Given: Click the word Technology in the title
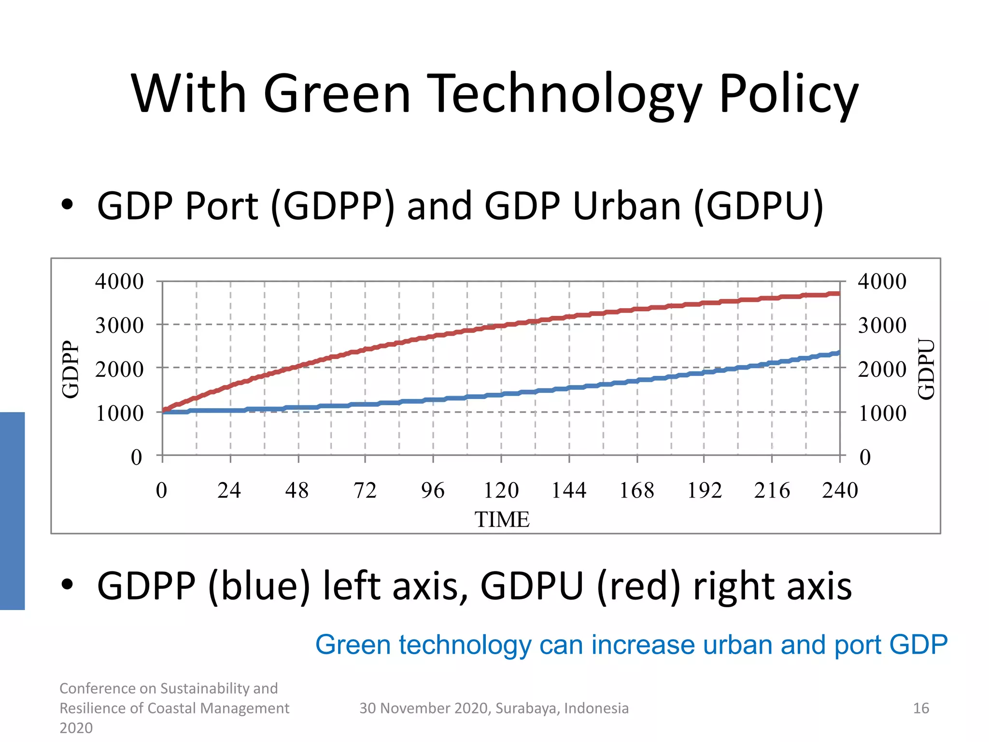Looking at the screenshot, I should point(563,94).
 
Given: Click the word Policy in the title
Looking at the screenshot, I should point(788,94).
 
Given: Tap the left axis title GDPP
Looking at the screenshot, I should point(71,370).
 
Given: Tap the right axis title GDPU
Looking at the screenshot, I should point(926,370).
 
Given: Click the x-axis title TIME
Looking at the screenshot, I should point(502,520).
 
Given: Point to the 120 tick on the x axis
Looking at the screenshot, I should point(501,491).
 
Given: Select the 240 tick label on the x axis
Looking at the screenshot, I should point(840,491).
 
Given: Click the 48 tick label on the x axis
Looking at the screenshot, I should point(297,491).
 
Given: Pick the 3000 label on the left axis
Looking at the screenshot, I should point(119,326).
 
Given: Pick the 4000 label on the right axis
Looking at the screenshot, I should point(882,282).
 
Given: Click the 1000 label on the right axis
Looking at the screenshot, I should point(882,414).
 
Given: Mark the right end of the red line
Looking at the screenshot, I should point(839,294).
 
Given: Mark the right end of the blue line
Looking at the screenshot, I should point(839,353).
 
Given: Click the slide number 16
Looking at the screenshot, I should point(920,708).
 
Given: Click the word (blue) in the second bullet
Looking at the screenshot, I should point(259,586).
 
